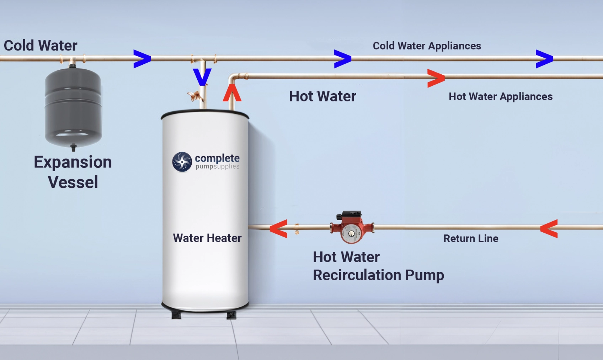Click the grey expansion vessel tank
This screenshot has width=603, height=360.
pos(73,107)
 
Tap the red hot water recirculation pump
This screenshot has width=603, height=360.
pos(351,228)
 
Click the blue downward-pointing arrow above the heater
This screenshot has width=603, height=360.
pos(202,77)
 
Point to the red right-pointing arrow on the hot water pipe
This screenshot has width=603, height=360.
pos(436,78)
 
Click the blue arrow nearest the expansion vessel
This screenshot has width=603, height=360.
pos(142,59)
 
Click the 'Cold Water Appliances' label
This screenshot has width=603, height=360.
pos(427,46)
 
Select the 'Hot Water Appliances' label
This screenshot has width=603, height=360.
pos(500,96)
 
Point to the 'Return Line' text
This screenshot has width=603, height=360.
pos(470,238)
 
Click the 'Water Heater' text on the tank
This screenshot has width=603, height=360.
pos(207,238)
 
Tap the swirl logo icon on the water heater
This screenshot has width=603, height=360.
pos(182,162)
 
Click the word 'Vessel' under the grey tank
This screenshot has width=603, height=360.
pos(73,182)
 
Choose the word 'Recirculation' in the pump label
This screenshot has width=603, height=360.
pos(357,275)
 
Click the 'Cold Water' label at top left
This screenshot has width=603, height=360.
pos(41,46)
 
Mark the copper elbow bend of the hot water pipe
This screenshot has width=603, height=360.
pos(233,78)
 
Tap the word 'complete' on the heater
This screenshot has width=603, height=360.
pos(217,158)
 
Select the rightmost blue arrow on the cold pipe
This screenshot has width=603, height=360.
pos(544,59)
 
